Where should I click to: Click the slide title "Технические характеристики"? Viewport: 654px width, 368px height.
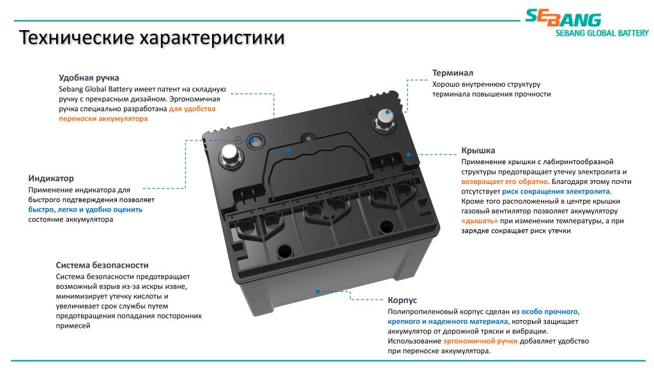152,38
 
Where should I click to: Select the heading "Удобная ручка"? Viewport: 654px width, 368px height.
89,77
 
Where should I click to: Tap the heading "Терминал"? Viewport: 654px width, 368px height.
453,73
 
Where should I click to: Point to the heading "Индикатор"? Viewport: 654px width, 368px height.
51,178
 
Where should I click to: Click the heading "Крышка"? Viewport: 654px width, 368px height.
478,150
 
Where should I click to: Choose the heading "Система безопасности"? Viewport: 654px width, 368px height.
102,265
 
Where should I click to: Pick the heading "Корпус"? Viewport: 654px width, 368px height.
402,300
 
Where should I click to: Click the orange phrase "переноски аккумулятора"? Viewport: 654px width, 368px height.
103,118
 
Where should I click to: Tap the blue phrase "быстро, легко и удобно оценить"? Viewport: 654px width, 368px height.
86,210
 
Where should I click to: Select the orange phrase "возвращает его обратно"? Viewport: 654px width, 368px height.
505,181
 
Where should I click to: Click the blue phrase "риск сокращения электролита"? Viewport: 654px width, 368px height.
556,192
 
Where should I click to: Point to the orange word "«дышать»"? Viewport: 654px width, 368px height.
480,221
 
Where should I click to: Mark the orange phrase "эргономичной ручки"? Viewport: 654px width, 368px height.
480,341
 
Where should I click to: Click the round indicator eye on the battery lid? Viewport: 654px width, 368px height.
255,142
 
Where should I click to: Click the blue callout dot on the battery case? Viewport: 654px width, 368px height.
318,291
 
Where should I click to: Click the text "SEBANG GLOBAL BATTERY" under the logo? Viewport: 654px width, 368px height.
602,33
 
